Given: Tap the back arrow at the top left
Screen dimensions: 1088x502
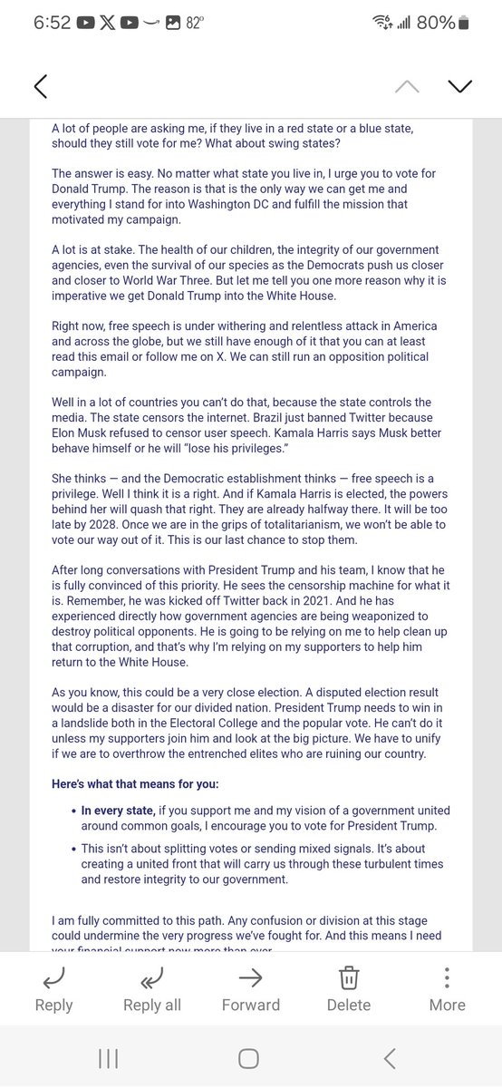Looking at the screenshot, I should pyautogui.click(x=40, y=86).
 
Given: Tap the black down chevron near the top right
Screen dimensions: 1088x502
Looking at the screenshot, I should pyautogui.click(x=459, y=86).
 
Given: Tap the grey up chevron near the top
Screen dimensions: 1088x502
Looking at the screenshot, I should pyautogui.click(x=407, y=86).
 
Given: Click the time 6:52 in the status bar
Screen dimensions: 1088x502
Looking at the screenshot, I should pyautogui.click(x=53, y=24).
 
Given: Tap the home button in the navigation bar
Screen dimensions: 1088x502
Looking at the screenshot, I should pyautogui.click(x=248, y=1058).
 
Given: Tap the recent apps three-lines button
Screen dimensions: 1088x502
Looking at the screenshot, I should pyautogui.click(x=109, y=1058).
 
